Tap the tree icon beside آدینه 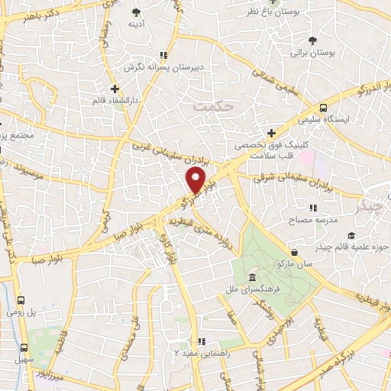pos(136,11)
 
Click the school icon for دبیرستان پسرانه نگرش pos(162,54)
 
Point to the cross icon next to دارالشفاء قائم pos(114,89)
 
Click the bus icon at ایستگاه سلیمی pos(324,108)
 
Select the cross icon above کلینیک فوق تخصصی pos(271,134)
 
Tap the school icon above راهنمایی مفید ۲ pos(201,342)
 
